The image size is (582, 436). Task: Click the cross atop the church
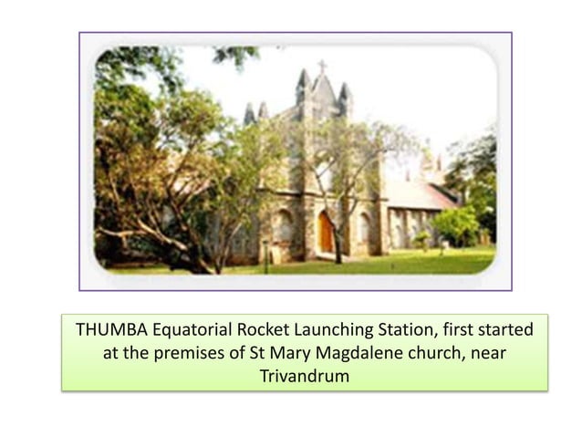pos(321,66)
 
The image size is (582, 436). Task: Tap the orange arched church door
pos(326,234)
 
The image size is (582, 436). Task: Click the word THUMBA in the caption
pos(109,329)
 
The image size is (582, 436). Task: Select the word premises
pos(193,352)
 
